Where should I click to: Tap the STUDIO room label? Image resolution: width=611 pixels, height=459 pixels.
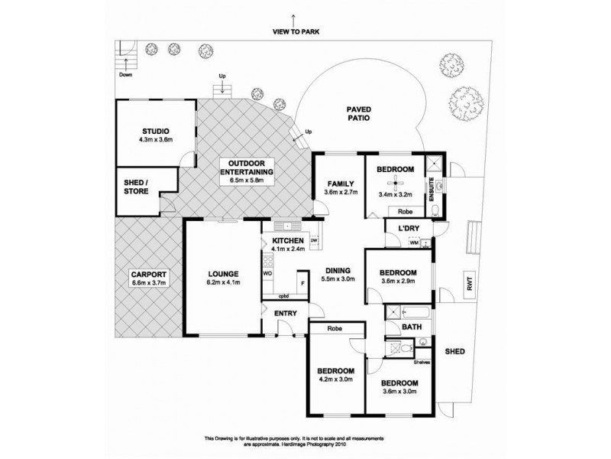156,131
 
